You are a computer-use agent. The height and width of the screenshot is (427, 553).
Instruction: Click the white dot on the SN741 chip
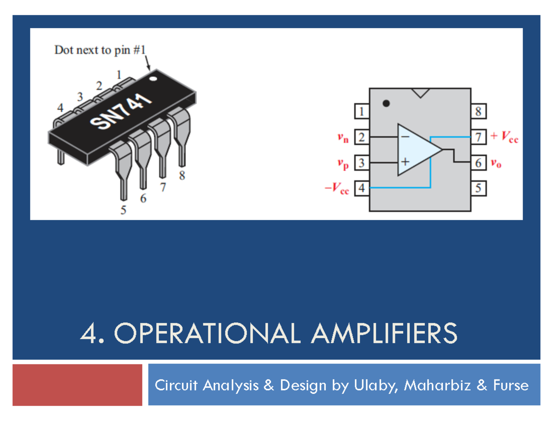click(153, 78)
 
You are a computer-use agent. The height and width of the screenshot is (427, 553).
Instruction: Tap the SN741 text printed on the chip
click(121, 112)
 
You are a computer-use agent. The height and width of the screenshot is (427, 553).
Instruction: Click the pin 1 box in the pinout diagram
click(362, 111)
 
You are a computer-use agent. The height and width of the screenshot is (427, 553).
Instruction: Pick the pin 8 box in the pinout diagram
click(477, 111)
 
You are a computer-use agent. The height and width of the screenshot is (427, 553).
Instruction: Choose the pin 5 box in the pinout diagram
click(477, 188)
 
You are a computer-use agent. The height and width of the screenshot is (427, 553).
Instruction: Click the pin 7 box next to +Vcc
click(477, 137)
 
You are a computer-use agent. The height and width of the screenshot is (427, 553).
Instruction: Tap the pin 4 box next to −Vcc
click(362, 188)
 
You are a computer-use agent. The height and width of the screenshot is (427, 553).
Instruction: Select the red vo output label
click(495, 163)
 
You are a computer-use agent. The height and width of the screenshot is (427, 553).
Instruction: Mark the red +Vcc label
click(504, 137)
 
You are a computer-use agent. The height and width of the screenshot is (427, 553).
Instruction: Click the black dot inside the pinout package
click(386, 103)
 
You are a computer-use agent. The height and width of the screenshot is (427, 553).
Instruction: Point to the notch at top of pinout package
click(420, 92)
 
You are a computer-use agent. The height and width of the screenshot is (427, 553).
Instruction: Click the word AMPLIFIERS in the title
click(384, 333)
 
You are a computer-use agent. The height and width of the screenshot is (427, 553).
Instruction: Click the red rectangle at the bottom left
click(77, 385)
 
